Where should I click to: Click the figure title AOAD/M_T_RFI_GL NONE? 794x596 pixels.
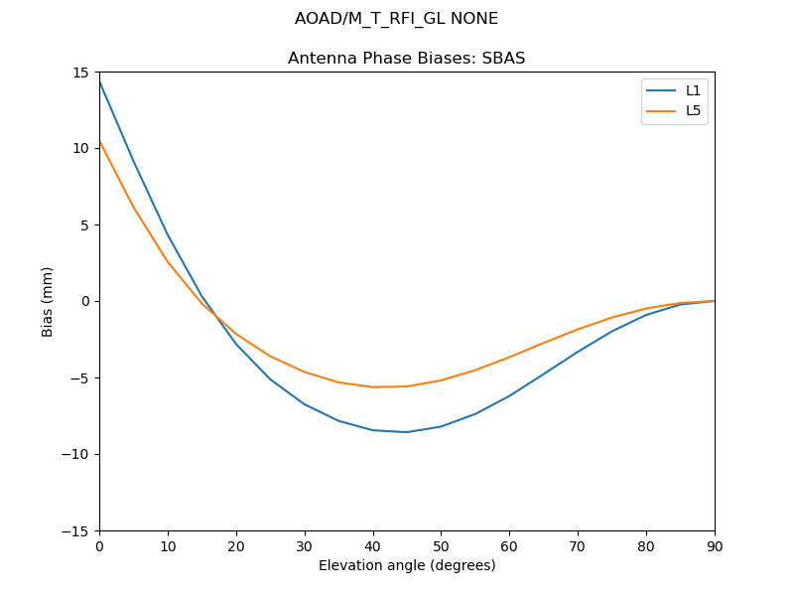point(396,19)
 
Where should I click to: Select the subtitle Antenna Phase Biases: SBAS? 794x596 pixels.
point(406,59)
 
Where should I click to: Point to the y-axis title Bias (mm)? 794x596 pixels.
point(48,301)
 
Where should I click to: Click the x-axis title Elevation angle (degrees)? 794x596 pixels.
point(407,565)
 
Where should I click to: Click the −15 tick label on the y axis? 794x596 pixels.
point(77,531)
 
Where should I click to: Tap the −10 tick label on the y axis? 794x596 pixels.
point(77,455)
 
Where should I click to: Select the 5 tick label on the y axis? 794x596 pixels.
point(86,225)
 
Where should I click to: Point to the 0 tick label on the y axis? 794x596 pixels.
point(86,302)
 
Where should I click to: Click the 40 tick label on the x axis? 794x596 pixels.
point(372,546)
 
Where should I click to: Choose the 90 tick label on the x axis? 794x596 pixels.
point(714,546)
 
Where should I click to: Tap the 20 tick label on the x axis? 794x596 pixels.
point(236,546)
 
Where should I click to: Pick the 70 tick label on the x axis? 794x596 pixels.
point(578,546)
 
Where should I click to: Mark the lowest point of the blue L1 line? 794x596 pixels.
point(407,432)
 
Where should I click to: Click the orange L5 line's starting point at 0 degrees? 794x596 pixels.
point(100,142)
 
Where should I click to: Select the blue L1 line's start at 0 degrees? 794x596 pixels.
point(100,80)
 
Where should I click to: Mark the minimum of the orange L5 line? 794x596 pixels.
point(373,387)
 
